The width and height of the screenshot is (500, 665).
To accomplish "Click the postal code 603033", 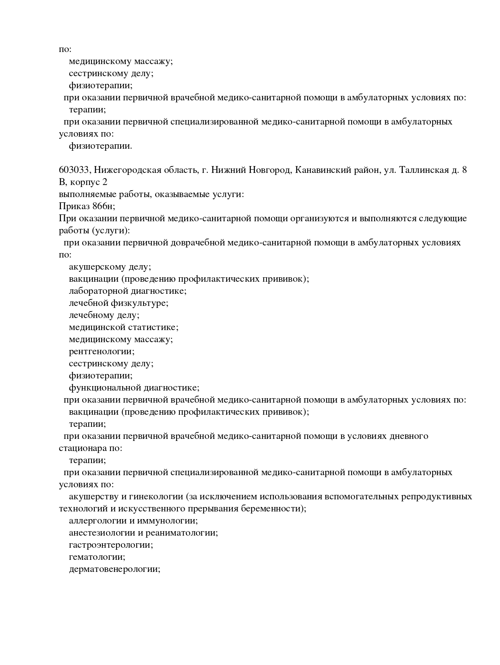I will coord(74,170).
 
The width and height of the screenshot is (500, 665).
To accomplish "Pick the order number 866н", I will coord(104,206).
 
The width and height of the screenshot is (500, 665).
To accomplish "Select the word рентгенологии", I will coord(101,351).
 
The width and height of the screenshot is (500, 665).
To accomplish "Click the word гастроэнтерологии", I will coord(110,545).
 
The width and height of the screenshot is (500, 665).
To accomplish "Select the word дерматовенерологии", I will coord(114,569).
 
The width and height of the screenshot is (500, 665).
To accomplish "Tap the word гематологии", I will coord(97,557).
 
